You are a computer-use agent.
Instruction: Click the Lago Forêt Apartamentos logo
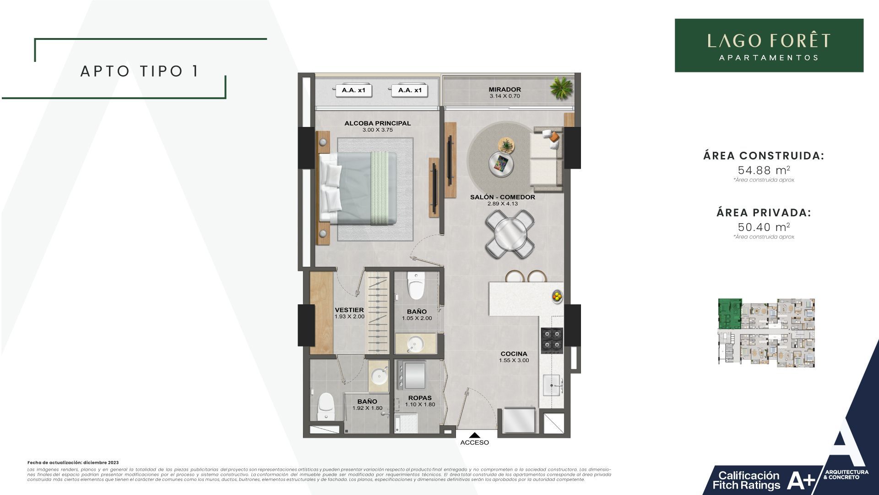[x=769, y=45]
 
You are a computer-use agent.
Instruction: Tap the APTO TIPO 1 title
[x=140, y=71]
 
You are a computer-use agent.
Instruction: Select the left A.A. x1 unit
[x=353, y=91]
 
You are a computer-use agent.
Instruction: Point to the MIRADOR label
[x=505, y=90]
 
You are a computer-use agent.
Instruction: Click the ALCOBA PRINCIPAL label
[x=377, y=123]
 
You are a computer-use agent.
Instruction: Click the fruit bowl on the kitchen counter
[x=557, y=296]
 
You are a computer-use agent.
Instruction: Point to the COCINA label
[x=514, y=354]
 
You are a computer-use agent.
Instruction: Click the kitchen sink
[x=553, y=385]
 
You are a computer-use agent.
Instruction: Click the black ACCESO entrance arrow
[x=475, y=435]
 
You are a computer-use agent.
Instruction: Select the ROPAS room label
[x=420, y=398]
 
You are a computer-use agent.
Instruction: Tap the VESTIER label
[x=349, y=310]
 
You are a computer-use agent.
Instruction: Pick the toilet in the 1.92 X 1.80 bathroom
[x=326, y=406]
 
